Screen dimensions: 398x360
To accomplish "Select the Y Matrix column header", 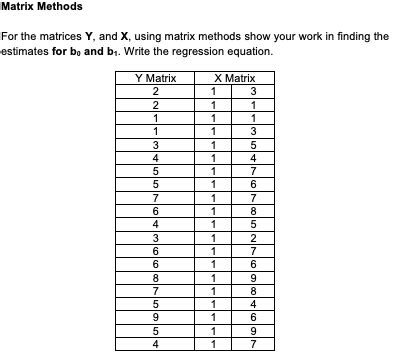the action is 155,78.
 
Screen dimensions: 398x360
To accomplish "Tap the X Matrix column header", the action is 234,78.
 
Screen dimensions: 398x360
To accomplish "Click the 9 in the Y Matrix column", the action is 155,318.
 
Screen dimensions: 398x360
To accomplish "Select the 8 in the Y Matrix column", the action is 155,278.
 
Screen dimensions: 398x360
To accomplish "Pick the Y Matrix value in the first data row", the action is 155,91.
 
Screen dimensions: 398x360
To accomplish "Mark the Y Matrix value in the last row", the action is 155,345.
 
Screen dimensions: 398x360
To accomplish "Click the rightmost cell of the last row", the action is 253,345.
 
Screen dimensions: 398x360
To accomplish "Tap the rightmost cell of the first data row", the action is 253,91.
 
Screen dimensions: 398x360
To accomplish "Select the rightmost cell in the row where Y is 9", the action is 253,318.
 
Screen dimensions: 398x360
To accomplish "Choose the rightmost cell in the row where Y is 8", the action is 253,278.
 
